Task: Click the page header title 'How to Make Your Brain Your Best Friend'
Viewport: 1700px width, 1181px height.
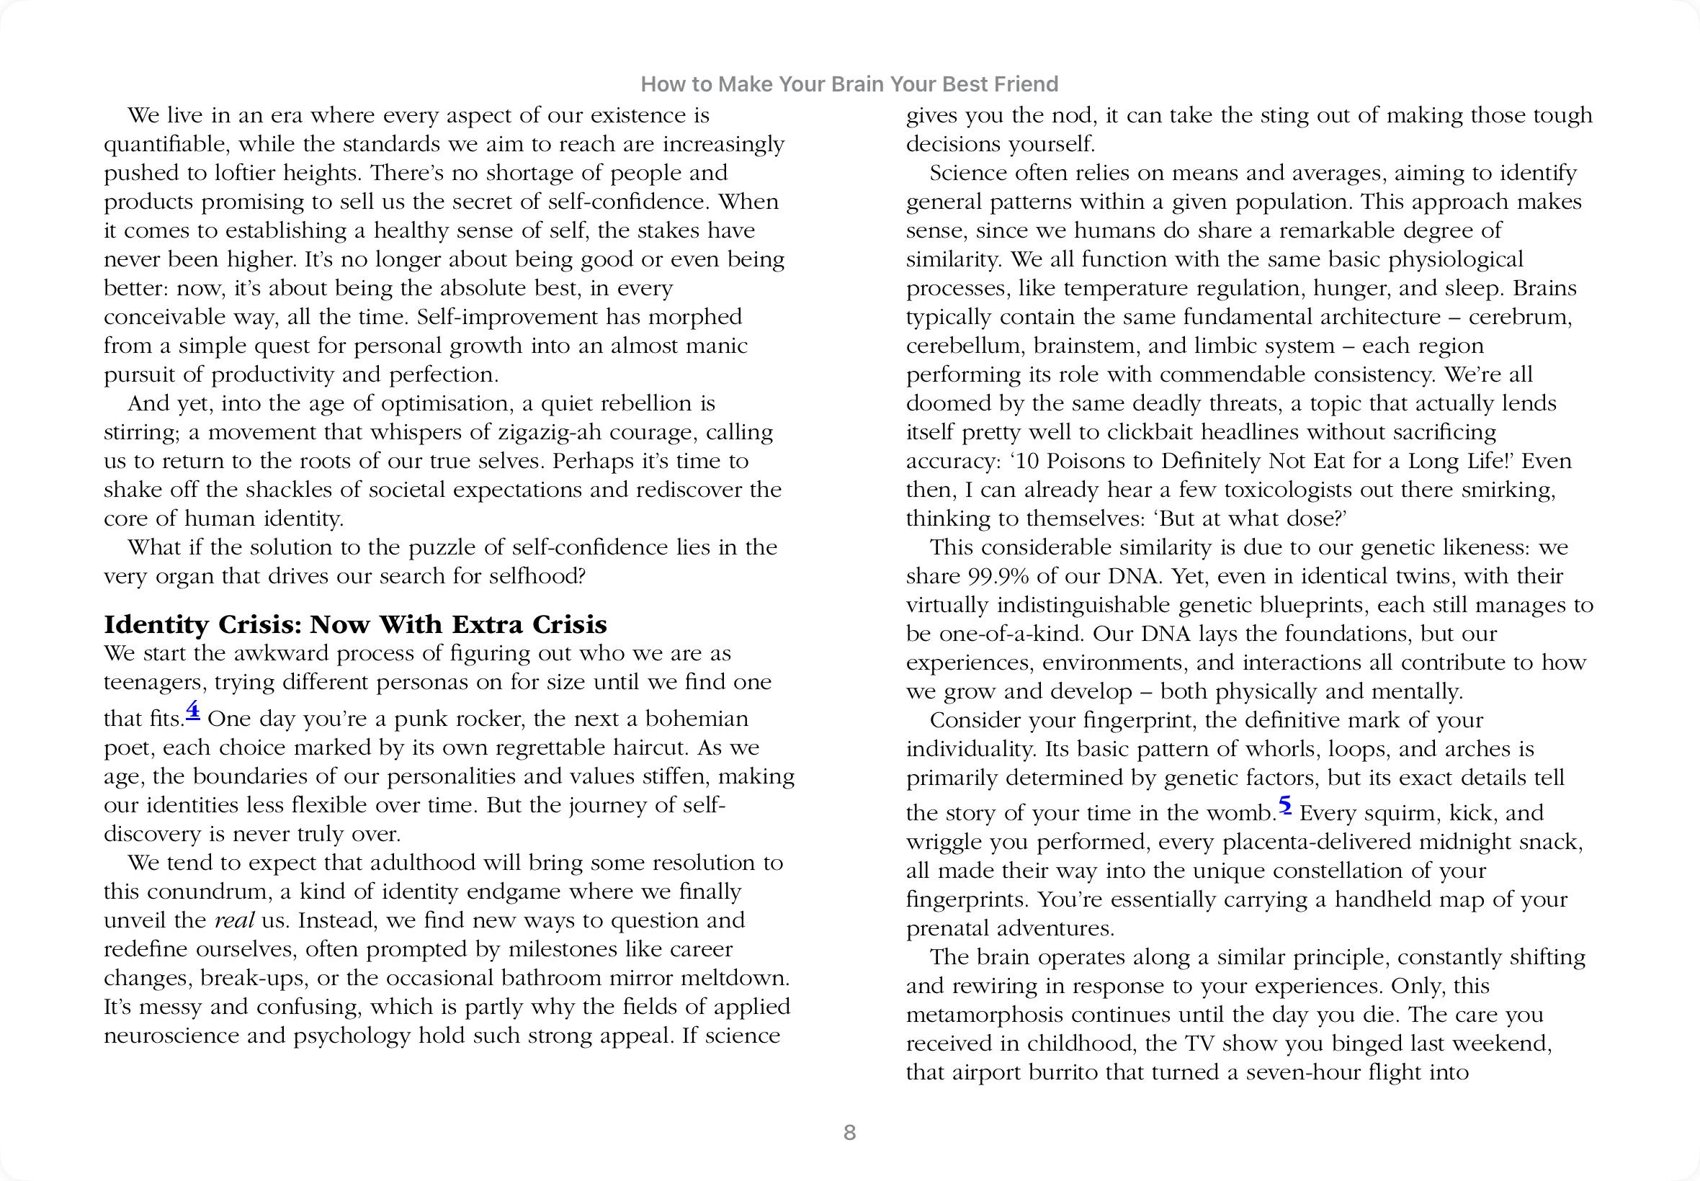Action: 849,84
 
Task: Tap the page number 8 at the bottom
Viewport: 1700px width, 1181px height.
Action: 849,1132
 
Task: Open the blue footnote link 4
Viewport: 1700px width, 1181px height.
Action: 193,710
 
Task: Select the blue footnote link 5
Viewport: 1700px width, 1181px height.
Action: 1285,804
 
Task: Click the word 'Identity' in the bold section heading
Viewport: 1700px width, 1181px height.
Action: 156,624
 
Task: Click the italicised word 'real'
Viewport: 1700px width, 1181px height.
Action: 235,920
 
